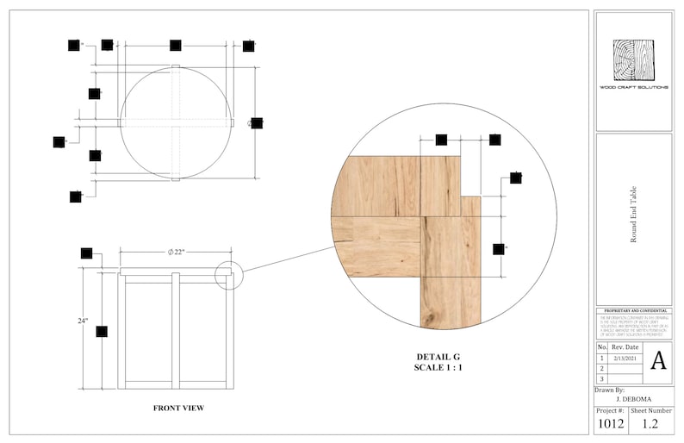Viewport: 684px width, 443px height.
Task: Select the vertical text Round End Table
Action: [x=633, y=216]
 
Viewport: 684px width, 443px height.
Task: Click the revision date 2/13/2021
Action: [x=625, y=357]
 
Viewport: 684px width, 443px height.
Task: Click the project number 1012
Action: [x=611, y=422]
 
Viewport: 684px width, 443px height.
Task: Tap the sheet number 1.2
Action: [x=650, y=422]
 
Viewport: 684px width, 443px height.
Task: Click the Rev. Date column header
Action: [x=625, y=346]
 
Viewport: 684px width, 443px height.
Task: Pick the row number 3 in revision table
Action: [x=601, y=378]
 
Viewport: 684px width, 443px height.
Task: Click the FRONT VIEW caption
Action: [x=178, y=408]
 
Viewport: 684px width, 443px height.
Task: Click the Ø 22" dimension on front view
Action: [x=176, y=252]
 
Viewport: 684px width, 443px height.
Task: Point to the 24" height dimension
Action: [x=83, y=321]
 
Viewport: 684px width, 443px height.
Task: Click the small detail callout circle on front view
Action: [x=230, y=275]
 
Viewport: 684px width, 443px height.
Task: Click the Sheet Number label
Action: [x=650, y=411]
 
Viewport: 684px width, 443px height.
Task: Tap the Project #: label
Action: [x=611, y=411]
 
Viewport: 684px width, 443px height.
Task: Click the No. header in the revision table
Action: [x=602, y=346]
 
